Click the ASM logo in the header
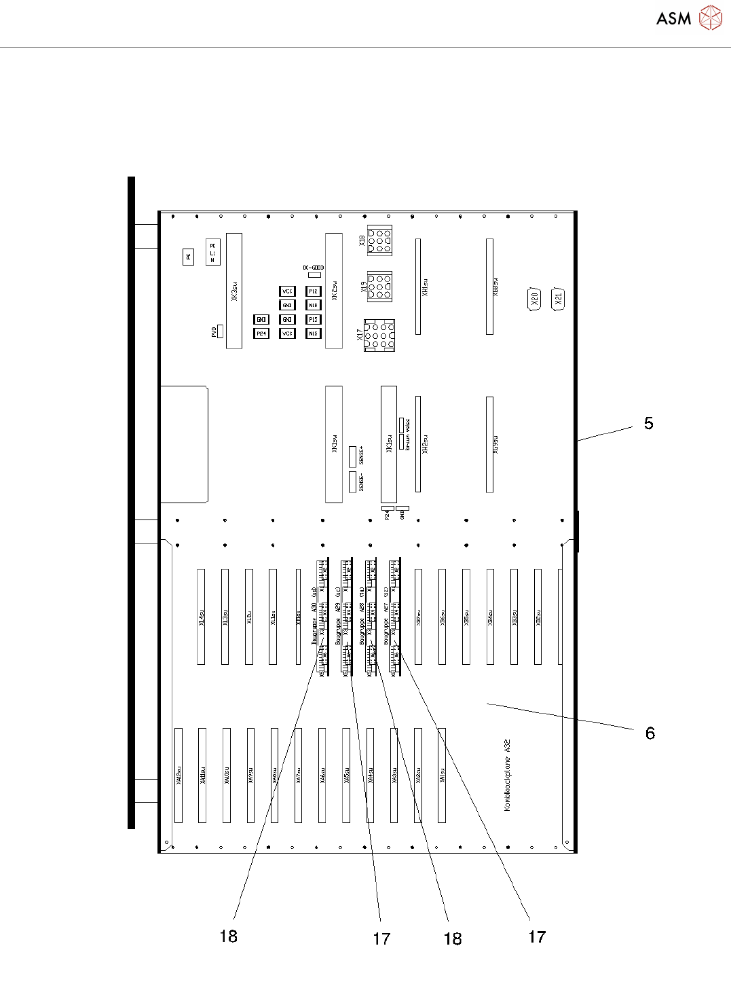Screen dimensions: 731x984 coord(688,18)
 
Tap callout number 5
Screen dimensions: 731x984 coord(648,424)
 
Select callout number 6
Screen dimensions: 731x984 coord(650,733)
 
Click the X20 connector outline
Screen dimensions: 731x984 coord(534,299)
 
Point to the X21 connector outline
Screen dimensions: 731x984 coord(559,298)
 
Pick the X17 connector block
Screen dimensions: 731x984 coord(379,335)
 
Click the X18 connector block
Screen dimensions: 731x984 coord(379,240)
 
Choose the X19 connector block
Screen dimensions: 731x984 coord(379,287)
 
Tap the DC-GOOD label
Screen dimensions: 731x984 coord(314,268)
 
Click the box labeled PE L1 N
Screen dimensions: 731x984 coord(212,253)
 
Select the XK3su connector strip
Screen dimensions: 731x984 coord(234,291)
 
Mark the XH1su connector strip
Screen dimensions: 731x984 coord(418,287)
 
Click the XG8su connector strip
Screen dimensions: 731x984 coord(489,287)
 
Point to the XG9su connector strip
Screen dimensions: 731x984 coord(489,444)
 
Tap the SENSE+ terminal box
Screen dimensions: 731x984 coord(353,456)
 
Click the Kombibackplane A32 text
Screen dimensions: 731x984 coord(507,775)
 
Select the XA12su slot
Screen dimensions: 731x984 coord(179,775)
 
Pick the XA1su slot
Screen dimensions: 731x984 coord(442,775)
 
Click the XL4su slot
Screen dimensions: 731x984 coord(201,617)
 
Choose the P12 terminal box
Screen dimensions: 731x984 coord(313,291)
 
